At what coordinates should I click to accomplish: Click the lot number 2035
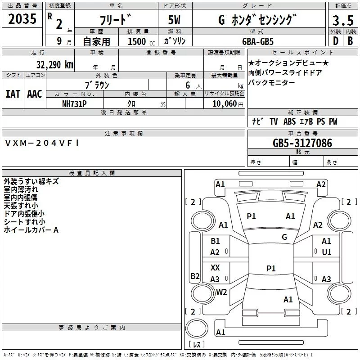pos(22,20)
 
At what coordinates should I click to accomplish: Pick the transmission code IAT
pos(13,94)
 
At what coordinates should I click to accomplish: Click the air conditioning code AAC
pos(34,94)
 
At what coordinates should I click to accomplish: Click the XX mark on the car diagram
pos(215,267)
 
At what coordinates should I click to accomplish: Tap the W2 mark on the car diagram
pos(221,292)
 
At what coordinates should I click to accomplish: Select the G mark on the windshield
pos(284,237)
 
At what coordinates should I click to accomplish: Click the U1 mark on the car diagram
pos(326,252)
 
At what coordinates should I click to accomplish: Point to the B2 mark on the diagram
pos(194,276)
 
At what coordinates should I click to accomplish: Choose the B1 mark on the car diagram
pos(215,241)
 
